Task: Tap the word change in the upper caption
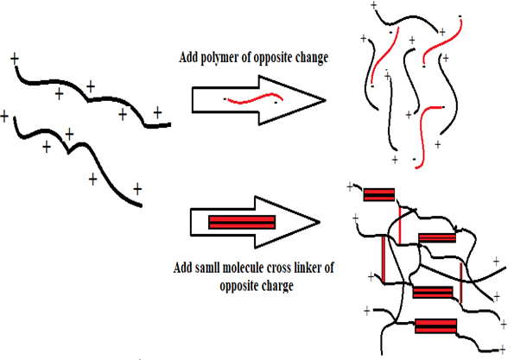(x=312, y=58)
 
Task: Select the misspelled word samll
(x=207, y=268)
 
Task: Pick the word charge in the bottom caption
(x=277, y=286)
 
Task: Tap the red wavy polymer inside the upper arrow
(x=255, y=98)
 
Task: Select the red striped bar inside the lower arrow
(x=242, y=222)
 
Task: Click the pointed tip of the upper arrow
(x=326, y=100)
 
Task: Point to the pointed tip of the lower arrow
(x=320, y=223)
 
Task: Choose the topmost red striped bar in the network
(x=379, y=194)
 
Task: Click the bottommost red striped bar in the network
(x=435, y=326)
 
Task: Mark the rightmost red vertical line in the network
(x=461, y=282)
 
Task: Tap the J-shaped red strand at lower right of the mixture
(x=425, y=135)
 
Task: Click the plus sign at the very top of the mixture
(x=374, y=5)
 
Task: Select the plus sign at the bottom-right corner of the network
(x=503, y=350)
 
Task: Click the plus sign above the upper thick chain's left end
(x=15, y=59)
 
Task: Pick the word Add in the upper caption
(x=187, y=57)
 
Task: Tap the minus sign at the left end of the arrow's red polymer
(x=225, y=98)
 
